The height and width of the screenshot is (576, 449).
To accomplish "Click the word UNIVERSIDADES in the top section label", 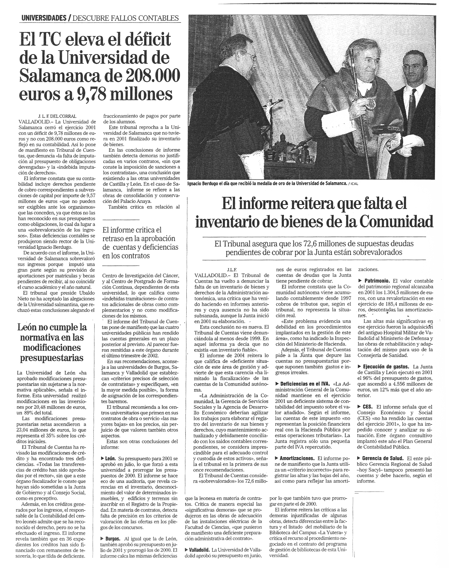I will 44,18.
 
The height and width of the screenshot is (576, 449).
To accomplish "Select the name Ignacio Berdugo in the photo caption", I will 206,184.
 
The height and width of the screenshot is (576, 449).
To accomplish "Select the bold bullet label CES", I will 367,407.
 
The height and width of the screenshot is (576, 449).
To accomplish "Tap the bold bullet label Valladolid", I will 199,550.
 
